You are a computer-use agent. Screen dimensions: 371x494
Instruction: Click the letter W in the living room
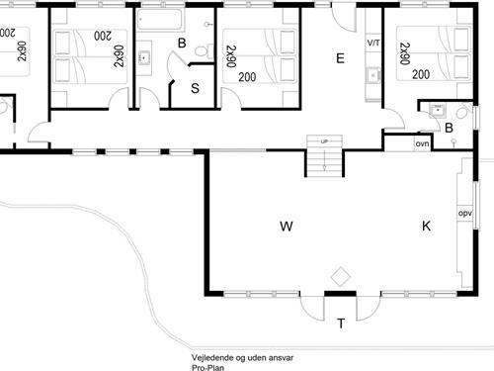click(287, 227)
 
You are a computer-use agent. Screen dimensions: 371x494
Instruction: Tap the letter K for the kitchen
click(427, 227)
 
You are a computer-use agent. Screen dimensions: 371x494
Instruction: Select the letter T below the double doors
click(341, 323)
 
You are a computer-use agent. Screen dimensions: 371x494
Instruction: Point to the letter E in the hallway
click(340, 58)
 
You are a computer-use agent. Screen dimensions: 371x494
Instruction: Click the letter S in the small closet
click(195, 88)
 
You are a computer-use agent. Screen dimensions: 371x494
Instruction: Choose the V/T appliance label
click(373, 45)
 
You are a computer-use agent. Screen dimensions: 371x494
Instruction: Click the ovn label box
click(422, 144)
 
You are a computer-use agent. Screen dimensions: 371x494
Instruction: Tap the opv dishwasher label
click(463, 213)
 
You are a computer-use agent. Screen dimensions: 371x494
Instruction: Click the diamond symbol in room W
click(341, 274)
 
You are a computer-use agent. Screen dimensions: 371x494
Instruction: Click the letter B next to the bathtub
click(182, 43)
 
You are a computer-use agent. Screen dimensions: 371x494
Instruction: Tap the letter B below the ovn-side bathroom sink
click(449, 127)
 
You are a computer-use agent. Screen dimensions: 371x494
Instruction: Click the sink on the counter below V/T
click(373, 75)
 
